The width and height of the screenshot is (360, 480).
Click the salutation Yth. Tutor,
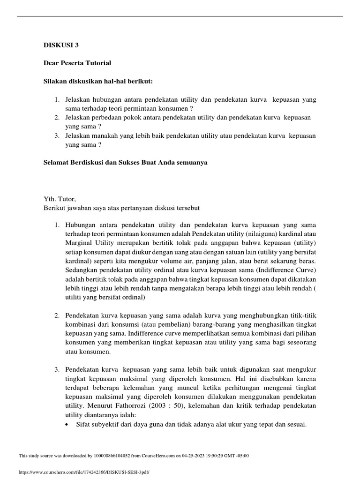point(59,199)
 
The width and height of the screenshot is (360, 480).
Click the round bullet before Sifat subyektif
point(69,425)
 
